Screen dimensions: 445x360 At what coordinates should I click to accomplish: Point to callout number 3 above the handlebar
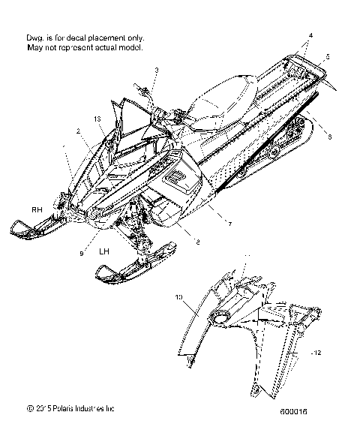pyautogui.click(x=157, y=70)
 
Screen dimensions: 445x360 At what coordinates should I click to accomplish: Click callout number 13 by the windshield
pyautogui.click(x=97, y=118)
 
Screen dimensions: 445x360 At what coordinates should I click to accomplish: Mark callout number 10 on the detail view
pyautogui.click(x=179, y=298)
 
